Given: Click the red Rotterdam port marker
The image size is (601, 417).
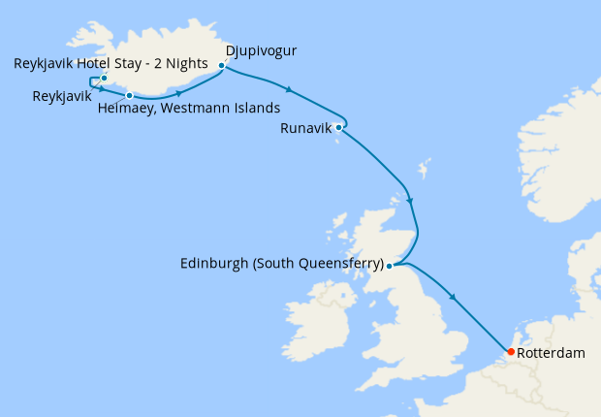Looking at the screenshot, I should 511,351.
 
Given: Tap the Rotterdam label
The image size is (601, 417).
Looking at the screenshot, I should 552,354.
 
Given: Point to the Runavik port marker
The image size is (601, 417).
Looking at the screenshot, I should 338,127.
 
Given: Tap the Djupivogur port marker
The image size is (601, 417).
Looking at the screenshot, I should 222,67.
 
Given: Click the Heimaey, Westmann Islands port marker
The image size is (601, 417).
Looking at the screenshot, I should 129,95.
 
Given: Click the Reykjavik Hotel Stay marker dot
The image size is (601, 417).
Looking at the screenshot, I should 104,78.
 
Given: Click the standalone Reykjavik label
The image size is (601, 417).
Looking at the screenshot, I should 62,96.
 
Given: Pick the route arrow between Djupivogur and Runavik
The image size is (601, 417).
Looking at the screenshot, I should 288,91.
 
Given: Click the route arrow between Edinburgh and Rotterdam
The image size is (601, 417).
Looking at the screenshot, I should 454,296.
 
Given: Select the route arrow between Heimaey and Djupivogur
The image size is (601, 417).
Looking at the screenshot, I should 180,92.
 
